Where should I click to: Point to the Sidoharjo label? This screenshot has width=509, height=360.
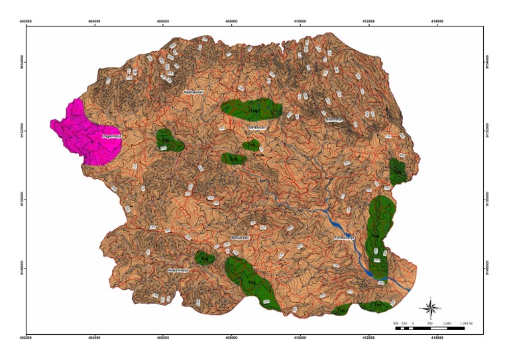(333, 119)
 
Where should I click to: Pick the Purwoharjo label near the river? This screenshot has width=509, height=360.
(345, 237)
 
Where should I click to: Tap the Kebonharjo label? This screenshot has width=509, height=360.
(179, 270)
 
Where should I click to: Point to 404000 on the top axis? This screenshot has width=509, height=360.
(95, 21)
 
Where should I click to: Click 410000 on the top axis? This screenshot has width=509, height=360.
(300, 21)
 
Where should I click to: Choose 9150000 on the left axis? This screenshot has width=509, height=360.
(21, 199)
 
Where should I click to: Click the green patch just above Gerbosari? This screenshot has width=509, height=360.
(252, 108)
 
